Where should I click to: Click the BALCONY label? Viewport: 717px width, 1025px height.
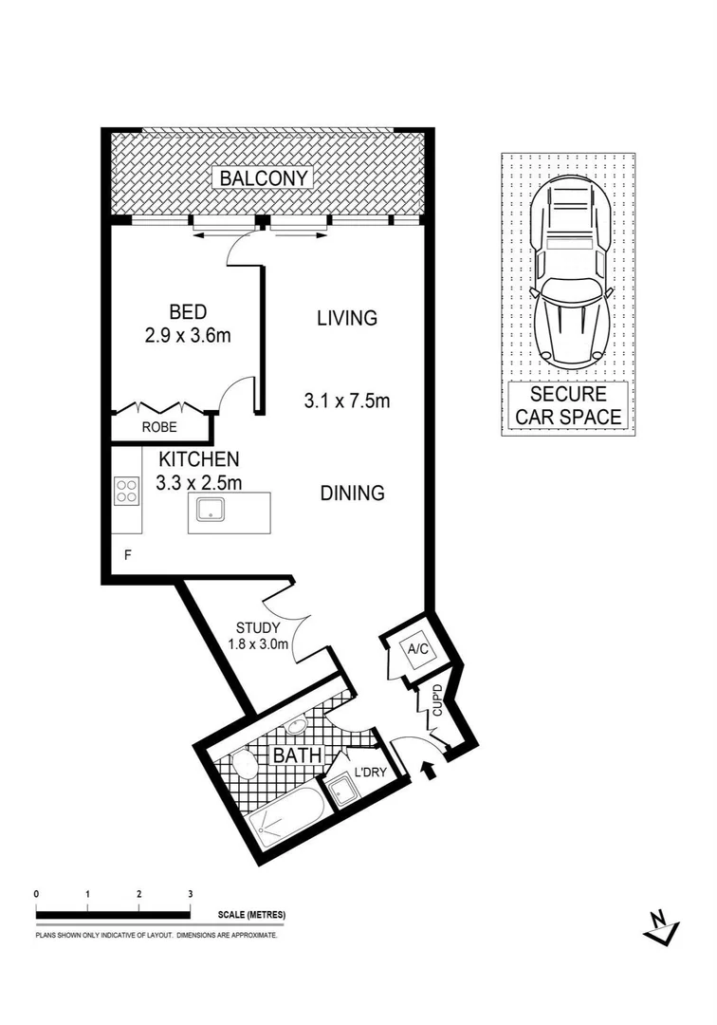click(x=265, y=177)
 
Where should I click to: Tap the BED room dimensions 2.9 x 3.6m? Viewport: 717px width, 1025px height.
click(x=187, y=334)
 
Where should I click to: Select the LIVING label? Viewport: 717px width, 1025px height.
click(x=346, y=318)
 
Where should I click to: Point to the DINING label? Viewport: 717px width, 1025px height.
click(x=351, y=494)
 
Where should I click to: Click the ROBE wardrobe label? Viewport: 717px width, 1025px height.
click(x=160, y=427)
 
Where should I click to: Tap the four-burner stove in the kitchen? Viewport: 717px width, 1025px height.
click(x=126, y=491)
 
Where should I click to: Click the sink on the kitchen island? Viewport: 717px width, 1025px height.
click(x=209, y=512)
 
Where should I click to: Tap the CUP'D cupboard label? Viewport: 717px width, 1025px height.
click(x=437, y=700)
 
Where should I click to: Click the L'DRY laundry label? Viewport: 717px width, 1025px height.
click(x=369, y=772)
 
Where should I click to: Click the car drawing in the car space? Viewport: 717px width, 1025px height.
click(x=568, y=270)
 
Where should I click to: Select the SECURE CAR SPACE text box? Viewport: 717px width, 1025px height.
click(x=568, y=405)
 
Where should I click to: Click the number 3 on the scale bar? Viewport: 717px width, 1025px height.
click(x=191, y=894)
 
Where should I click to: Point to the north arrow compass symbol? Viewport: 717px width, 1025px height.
click(x=660, y=927)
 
